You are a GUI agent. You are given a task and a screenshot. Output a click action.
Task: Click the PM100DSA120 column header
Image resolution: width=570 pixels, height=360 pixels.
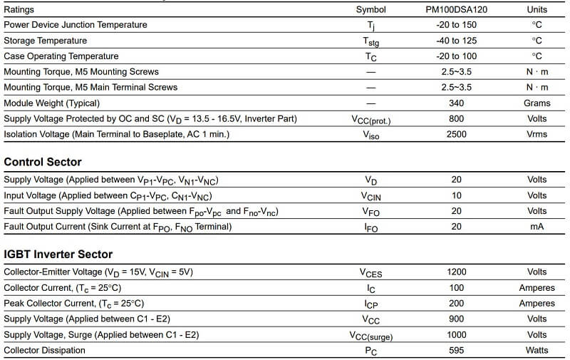456,10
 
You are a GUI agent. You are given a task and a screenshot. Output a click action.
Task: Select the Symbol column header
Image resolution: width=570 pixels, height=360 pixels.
370,10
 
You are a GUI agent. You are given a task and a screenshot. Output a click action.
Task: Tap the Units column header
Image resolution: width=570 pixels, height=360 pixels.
537,10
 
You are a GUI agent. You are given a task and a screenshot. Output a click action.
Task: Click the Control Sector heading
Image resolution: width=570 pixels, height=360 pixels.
43,162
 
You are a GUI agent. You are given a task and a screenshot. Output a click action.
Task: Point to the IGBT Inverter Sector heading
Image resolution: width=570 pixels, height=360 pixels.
58,254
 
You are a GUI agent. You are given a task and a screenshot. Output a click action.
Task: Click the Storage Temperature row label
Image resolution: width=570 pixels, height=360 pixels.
46,41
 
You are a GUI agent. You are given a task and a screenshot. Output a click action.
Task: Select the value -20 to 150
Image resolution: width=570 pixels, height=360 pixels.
456,25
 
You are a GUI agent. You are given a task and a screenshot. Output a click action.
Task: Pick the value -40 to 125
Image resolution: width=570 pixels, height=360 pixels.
456,41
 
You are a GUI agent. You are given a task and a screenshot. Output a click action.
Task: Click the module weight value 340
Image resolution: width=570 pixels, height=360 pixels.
456,103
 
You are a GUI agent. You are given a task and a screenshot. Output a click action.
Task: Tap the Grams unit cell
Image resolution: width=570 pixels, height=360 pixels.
537,103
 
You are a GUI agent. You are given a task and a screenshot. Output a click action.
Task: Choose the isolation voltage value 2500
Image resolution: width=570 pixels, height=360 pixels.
456,134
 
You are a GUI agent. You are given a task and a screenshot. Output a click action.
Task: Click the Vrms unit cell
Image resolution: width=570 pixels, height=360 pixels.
537,134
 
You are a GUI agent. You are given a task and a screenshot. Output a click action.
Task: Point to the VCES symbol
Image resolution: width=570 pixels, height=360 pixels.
370,272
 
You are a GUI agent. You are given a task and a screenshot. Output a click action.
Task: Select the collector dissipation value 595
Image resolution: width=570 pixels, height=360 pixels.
456,350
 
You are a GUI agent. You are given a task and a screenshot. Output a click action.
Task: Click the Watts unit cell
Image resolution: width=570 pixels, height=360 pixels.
537,350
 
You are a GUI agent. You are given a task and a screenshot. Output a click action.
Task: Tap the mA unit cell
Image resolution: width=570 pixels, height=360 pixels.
537,227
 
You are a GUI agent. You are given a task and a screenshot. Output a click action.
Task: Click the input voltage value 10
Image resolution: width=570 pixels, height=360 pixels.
456,195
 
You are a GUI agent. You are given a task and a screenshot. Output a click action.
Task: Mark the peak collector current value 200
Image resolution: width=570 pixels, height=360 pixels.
456,303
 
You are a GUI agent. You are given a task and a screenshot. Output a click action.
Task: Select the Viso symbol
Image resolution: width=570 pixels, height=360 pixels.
370,135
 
